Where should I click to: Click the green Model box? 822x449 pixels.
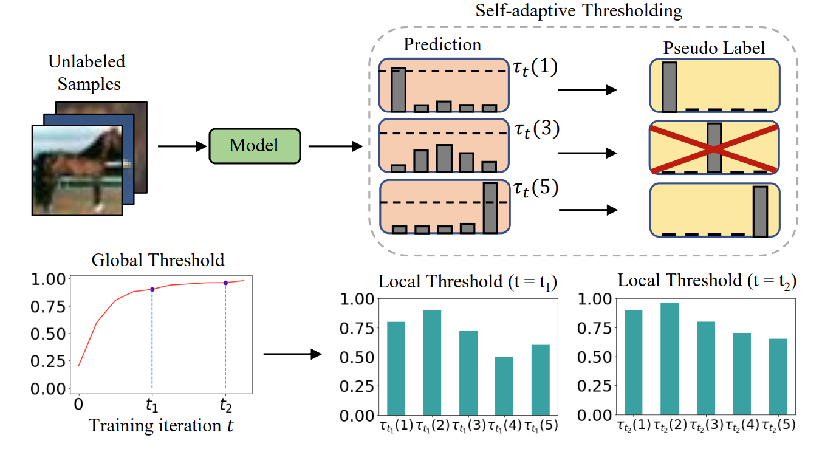255,146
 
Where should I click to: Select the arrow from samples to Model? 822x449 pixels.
181,146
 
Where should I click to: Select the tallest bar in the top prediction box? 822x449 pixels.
398,90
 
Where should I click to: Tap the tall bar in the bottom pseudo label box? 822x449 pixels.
759,211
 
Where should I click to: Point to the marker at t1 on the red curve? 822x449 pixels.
152,289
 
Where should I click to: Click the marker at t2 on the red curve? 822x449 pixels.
225,283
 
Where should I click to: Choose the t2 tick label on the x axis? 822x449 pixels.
225,403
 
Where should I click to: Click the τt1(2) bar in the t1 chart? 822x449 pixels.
432,363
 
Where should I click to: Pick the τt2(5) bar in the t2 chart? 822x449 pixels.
778,377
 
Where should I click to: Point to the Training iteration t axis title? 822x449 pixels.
162,426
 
